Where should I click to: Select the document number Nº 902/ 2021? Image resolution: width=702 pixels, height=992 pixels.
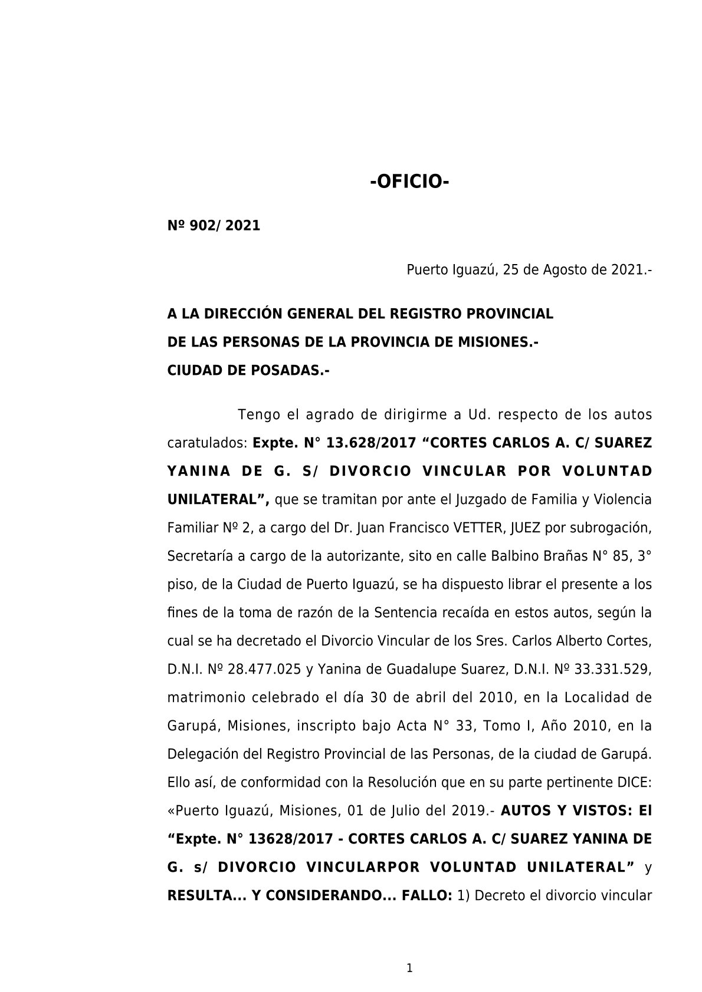(x=214, y=226)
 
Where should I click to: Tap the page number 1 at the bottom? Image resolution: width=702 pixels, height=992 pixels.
(x=409, y=968)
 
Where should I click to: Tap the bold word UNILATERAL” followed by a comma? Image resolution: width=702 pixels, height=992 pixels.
(x=218, y=500)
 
